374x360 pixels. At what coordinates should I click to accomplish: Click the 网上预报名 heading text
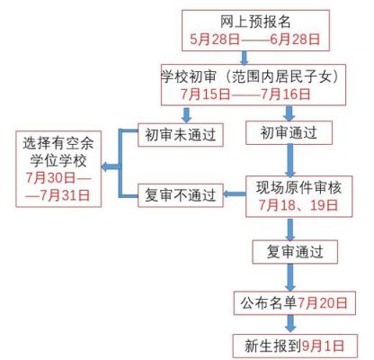(255, 22)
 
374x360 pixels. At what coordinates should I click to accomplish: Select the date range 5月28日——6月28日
(255, 40)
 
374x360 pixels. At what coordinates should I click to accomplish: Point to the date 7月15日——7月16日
(245, 94)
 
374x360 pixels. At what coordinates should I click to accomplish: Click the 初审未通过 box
(181, 135)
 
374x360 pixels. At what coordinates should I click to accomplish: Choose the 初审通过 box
(289, 132)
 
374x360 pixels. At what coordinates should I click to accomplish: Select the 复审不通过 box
(181, 195)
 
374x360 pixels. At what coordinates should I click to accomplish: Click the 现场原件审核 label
(298, 187)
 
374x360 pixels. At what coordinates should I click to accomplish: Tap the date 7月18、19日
(298, 205)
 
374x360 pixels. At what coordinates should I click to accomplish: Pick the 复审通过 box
(295, 252)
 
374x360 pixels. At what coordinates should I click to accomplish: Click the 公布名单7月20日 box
(295, 302)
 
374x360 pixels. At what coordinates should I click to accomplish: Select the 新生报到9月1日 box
(295, 346)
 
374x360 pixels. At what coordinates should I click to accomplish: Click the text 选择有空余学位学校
(58, 152)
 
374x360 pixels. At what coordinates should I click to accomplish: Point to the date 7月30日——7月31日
(58, 186)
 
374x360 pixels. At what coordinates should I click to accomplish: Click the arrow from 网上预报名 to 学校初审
(245, 58)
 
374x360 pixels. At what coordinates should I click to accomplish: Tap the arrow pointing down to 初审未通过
(187, 114)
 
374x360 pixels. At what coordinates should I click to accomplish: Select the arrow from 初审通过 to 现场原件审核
(289, 160)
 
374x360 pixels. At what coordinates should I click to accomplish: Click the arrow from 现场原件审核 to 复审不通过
(235, 193)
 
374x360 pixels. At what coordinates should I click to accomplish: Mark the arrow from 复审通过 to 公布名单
(290, 277)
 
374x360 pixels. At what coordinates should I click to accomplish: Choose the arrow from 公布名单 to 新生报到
(290, 324)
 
